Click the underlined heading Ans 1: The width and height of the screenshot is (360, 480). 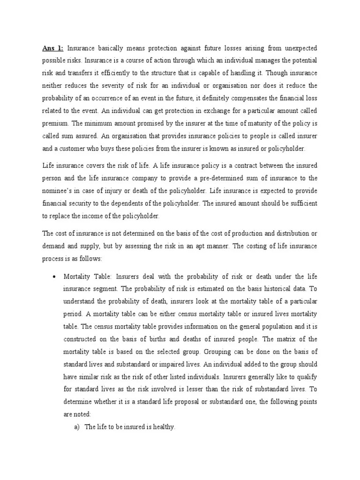coord(52,48)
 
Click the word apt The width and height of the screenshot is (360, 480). coord(187,246)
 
